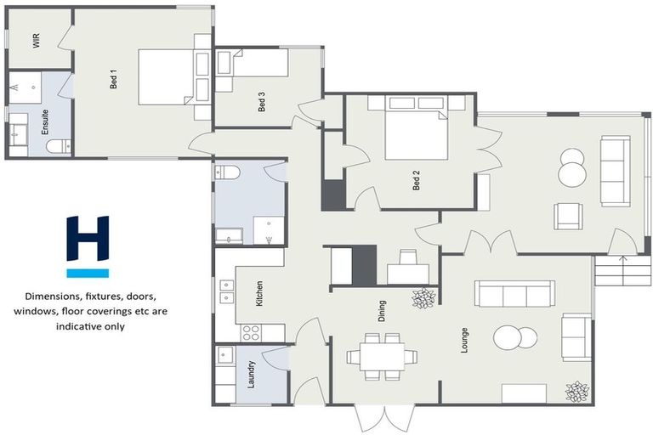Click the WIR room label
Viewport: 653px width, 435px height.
pyautogui.click(x=37, y=42)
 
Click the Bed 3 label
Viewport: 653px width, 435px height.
pyautogui.click(x=262, y=103)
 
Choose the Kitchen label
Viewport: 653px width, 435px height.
pyautogui.click(x=259, y=293)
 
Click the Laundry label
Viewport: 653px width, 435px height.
pyautogui.click(x=252, y=374)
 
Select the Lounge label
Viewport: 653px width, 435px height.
pyautogui.click(x=464, y=340)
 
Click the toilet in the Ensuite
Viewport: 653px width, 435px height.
pyautogui.click(x=58, y=147)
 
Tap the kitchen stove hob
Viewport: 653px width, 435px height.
pyautogui.click(x=252, y=332)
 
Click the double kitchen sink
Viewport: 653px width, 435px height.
pyautogui.click(x=226, y=292)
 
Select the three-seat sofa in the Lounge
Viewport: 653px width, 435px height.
pyautogui.click(x=514, y=294)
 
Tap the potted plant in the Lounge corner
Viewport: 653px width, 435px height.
pyautogui.click(x=577, y=391)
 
